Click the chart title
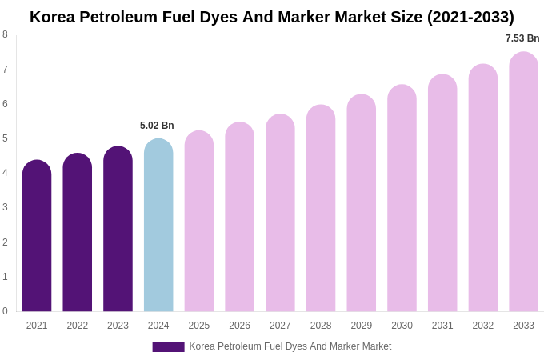272,17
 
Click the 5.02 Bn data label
157,126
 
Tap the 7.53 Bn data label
522,38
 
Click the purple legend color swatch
168,347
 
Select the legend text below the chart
290,346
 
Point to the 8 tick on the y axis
5,34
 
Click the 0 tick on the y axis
5,311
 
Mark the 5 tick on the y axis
5,138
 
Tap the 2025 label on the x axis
199,326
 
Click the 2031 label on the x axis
442,326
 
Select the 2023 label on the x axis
118,326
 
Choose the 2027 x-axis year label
280,326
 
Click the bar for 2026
239,217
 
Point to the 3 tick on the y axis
5,207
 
